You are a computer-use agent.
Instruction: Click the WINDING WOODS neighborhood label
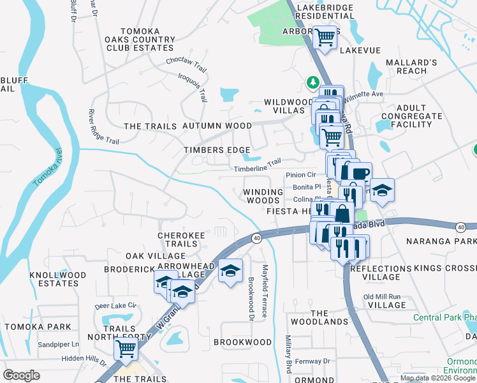pyautogui.click(x=263, y=196)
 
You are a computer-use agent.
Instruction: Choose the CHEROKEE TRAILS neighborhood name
pyautogui.click(x=181, y=239)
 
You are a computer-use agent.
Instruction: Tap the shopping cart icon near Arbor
pyautogui.click(x=325, y=38)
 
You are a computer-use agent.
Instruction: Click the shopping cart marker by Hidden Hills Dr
pyautogui.click(x=126, y=349)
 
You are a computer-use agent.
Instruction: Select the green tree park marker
pyautogui.click(x=312, y=82)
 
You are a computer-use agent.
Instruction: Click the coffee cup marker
pyautogui.click(x=359, y=172)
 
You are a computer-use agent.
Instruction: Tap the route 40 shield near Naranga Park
pyautogui.click(x=460, y=227)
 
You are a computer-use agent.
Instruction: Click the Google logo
pyautogui.click(x=22, y=375)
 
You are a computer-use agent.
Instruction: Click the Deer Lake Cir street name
pyautogui.click(x=115, y=306)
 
